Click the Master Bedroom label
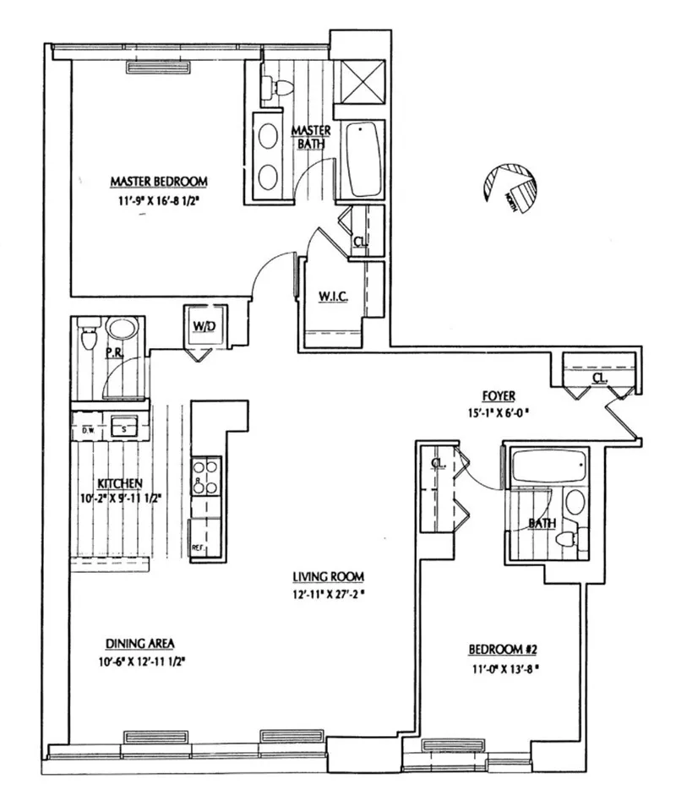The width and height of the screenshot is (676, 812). point(159,181)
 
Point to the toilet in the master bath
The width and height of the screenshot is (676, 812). point(276,86)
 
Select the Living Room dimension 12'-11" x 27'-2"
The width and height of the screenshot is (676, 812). point(329,593)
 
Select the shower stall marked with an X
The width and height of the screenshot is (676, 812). point(359,81)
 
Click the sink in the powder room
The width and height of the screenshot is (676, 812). point(124,330)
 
